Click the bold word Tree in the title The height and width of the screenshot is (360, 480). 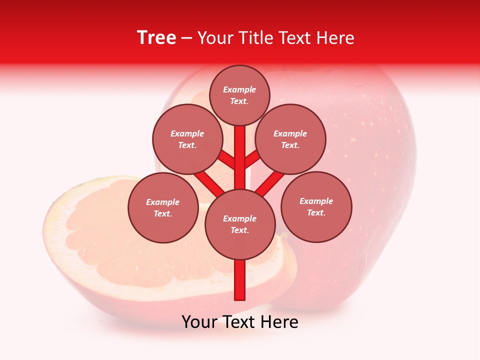pyautogui.click(x=156, y=37)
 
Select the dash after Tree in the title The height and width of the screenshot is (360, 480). pyautogui.click(x=186, y=38)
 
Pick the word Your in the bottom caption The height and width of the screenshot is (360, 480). pyautogui.click(x=199, y=322)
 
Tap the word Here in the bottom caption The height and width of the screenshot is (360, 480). pyautogui.click(x=279, y=322)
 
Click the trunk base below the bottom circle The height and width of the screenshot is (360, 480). pyautogui.click(x=240, y=280)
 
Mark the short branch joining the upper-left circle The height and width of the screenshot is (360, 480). pyautogui.click(x=226, y=160)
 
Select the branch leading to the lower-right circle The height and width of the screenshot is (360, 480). pyautogui.click(x=270, y=183)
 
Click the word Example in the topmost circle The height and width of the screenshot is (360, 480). pyautogui.click(x=239, y=89)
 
